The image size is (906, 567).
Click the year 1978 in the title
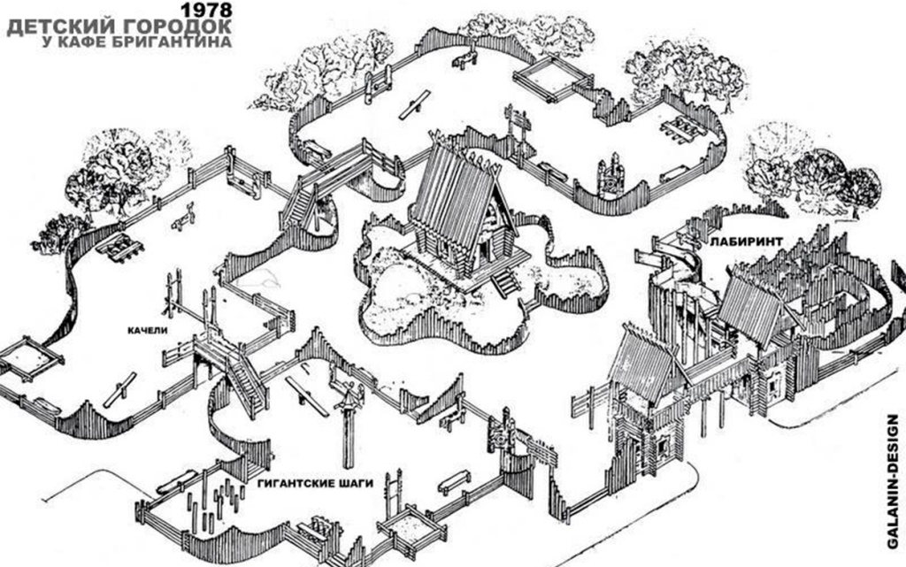206,10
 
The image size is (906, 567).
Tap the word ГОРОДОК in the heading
179,27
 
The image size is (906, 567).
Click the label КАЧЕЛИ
148,330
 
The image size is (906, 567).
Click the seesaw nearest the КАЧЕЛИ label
119,390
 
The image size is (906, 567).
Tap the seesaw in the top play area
415,104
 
